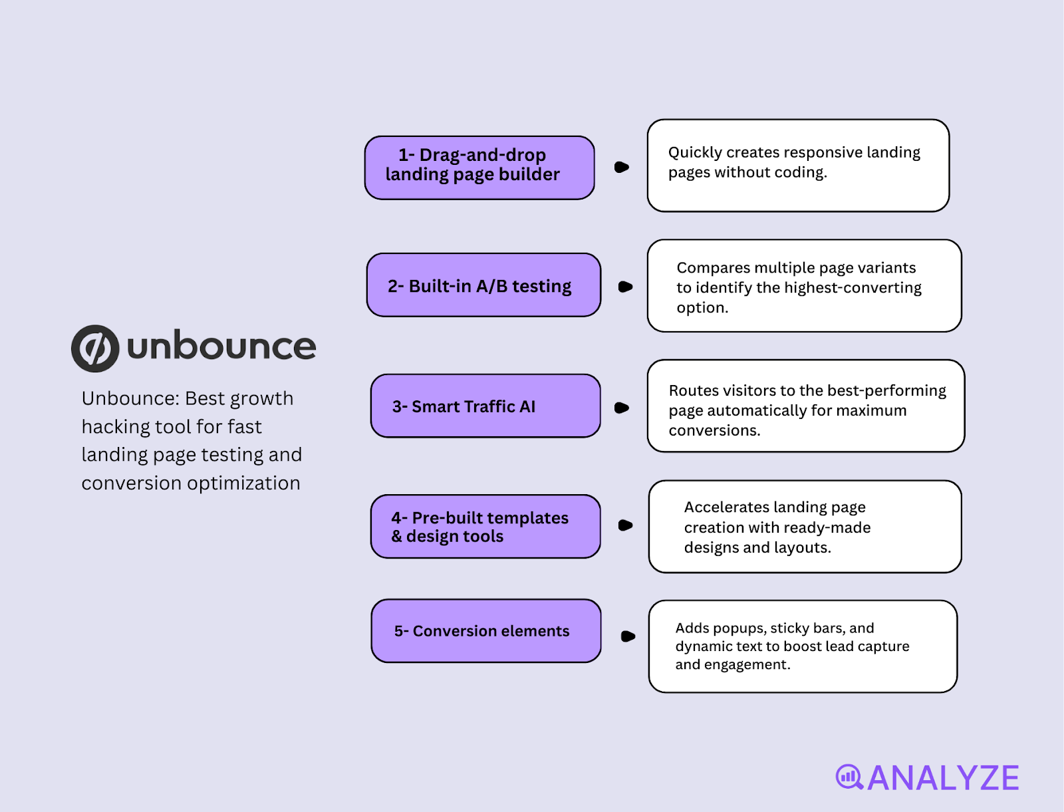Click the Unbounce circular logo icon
click(95, 348)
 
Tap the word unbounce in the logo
click(221, 346)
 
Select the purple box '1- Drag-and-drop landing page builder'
click(479, 168)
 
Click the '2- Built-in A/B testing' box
click(483, 285)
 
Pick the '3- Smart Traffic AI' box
click(485, 406)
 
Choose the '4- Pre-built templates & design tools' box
click(485, 526)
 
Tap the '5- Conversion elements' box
click(486, 630)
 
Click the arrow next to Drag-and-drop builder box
click(622, 167)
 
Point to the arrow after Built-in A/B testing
click(625, 287)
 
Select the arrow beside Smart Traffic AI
click(622, 408)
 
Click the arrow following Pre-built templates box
click(625, 525)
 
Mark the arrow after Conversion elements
click(628, 636)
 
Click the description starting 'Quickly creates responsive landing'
click(798, 166)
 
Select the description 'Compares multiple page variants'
click(804, 286)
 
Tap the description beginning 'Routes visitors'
click(806, 406)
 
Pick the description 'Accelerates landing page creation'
click(805, 527)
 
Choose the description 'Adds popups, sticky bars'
click(803, 646)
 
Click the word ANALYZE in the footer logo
click(943, 778)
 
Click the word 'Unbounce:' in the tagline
click(130, 398)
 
